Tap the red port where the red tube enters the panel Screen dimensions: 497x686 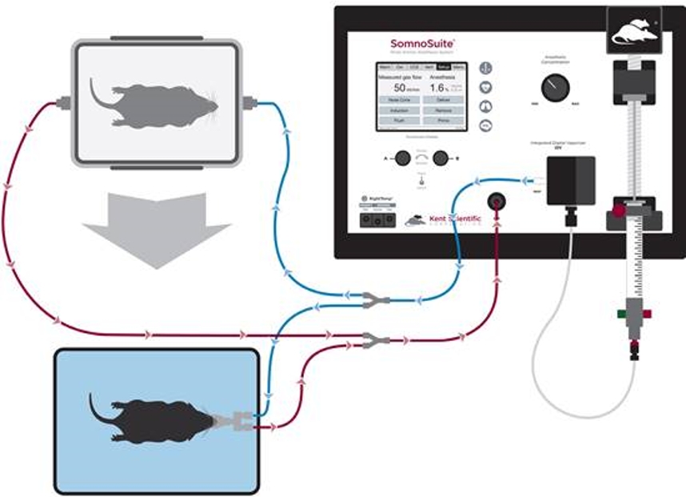(x=497, y=201)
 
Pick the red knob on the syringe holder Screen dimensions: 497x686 (x=617, y=211)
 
